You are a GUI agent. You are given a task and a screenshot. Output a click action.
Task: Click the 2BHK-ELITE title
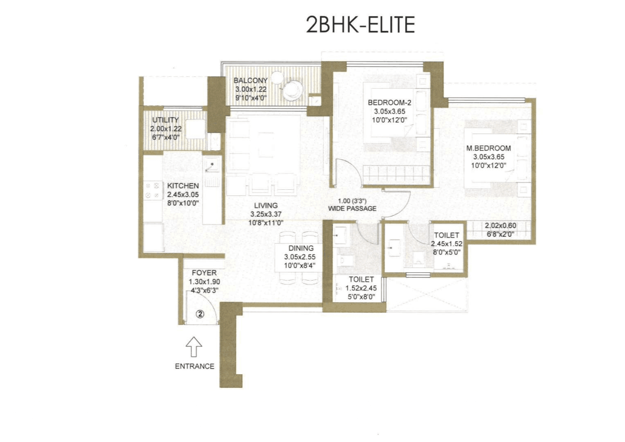[360, 25]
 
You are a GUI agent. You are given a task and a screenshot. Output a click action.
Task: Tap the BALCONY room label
[250, 81]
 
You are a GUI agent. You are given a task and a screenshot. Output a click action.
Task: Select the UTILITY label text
[165, 120]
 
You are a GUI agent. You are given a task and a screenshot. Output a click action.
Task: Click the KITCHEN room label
[183, 186]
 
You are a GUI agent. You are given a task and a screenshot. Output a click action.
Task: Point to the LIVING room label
[266, 206]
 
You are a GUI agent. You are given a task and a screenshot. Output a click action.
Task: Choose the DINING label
[301, 248]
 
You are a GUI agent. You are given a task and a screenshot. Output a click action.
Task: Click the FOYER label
[204, 273]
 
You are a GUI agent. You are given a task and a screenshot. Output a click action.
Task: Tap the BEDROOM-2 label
[389, 103]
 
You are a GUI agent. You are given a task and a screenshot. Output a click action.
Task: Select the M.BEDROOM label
[489, 148]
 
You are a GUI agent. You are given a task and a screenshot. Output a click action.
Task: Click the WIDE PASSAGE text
[352, 209]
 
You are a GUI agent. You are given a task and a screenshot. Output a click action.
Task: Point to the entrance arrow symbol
[194, 346]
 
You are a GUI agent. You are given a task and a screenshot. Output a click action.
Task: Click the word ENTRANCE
[194, 366]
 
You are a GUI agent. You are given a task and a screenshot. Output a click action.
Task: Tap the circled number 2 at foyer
[200, 314]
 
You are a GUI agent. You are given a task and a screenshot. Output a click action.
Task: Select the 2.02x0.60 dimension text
[500, 226]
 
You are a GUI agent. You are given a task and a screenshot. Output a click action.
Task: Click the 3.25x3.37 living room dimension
[266, 214]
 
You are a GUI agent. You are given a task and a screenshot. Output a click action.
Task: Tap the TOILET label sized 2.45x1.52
[446, 235]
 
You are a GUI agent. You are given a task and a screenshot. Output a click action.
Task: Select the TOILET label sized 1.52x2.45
[361, 279]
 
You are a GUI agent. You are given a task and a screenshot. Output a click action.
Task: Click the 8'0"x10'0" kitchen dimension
[183, 203]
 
